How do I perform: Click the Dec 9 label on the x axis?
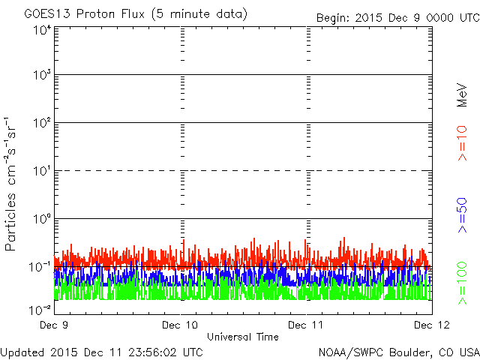point(56,325)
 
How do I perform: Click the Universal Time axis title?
point(243,337)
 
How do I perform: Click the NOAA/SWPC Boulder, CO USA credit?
point(398,352)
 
